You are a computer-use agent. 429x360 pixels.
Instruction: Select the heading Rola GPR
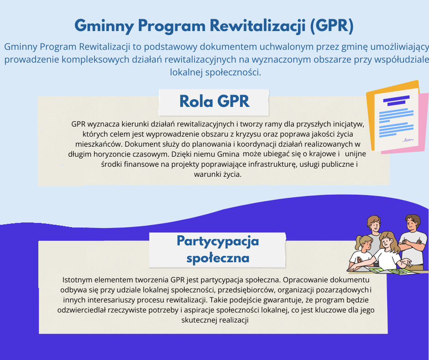tap(214, 101)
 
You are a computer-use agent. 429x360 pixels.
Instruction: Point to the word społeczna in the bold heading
tap(218, 258)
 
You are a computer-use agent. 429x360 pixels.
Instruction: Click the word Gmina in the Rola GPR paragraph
tap(228, 154)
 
